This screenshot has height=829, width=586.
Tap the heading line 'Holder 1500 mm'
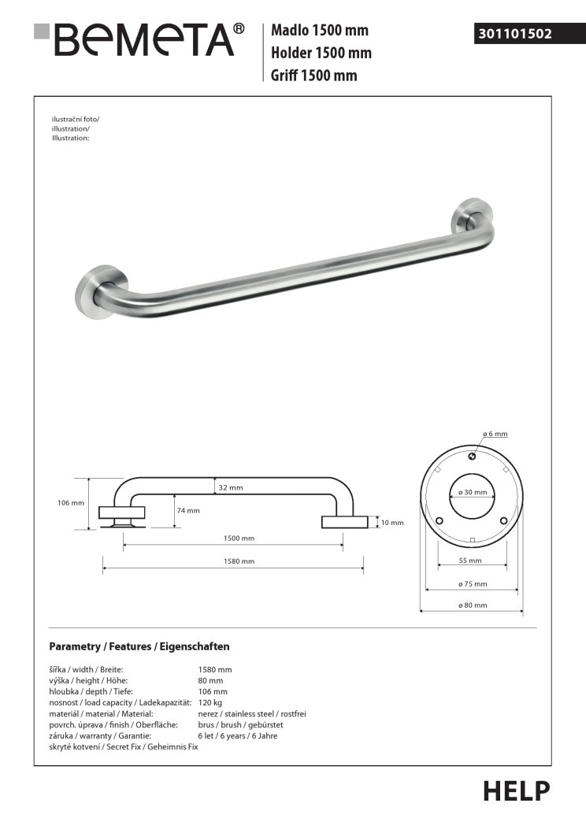click(321, 54)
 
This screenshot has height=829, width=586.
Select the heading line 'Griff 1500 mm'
click(314, 76)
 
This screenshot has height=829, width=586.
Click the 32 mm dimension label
click(231, 488)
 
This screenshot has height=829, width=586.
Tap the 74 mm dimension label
click(188, 510)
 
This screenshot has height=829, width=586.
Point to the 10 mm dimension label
click(391, 522)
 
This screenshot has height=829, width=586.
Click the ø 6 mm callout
click(495, 434)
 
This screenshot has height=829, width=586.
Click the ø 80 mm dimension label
click(472, 605)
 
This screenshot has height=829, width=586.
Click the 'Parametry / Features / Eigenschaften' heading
click(139, 646)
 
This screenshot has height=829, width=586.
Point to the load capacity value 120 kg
click(210, 701)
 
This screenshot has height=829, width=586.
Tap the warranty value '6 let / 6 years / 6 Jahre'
click(238, 735)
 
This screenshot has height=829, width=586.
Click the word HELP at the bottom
click(517, 790)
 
